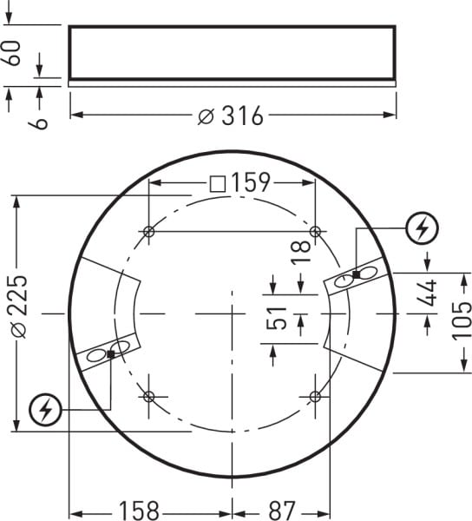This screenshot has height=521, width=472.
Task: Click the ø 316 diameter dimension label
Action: pos(231,116)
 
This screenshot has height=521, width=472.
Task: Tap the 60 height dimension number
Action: pos(13,53)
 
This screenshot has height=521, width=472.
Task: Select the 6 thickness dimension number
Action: pos(39,123)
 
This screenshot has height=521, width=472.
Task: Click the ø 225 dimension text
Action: pos(18,307)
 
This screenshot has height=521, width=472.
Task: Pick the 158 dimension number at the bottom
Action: pos(140,511)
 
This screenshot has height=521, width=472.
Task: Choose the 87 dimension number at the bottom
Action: pos(281,511)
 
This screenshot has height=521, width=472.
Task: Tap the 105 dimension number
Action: pos(462,320)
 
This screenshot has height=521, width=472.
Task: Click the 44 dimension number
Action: pos(427,293)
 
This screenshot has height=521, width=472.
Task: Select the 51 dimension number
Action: pos(276,318)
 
